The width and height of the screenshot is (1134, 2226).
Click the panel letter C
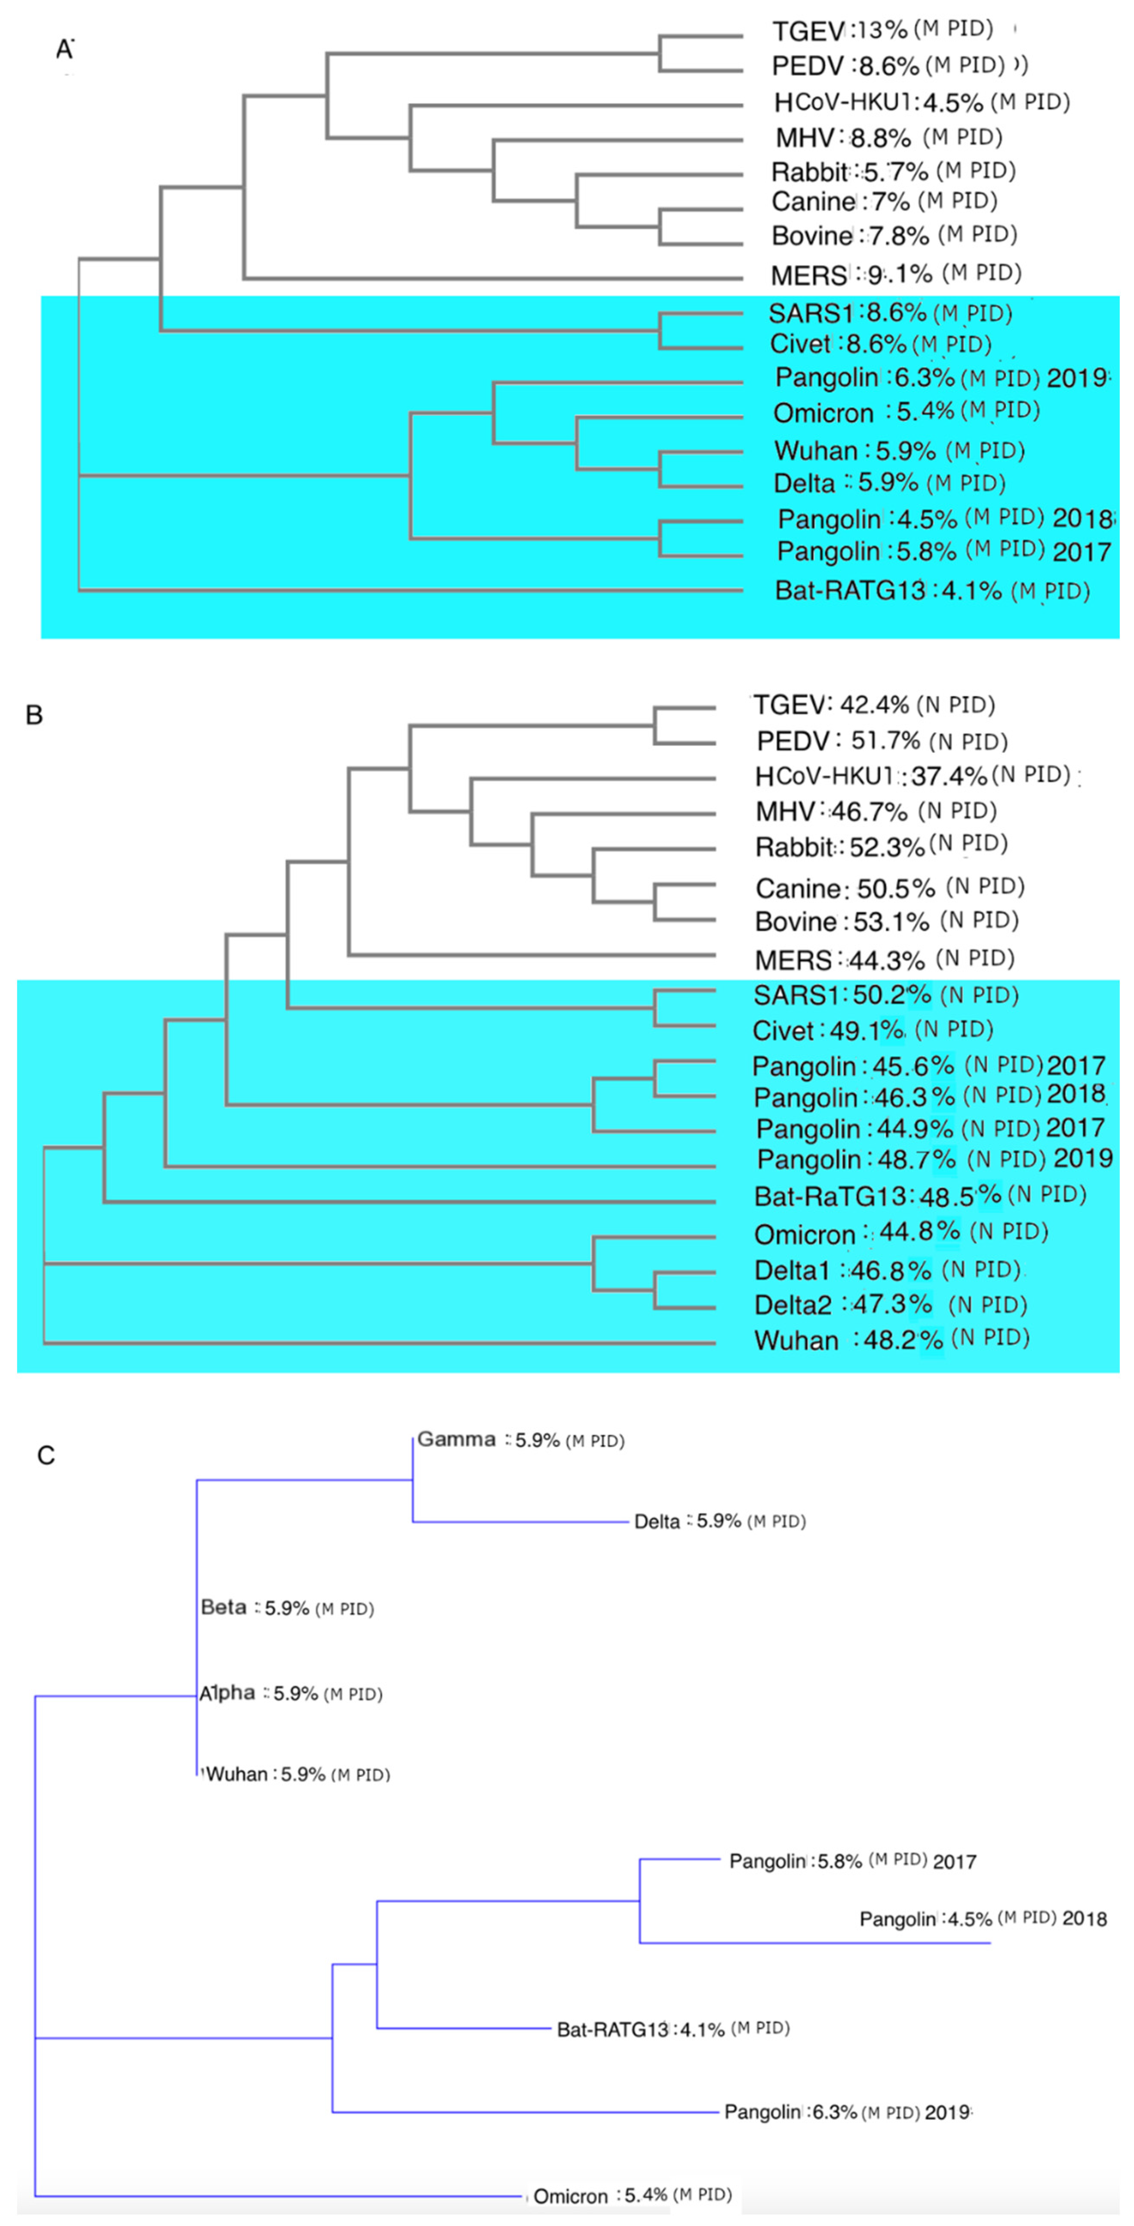tap(46, 1455)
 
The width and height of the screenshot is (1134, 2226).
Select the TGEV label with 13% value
tap(807, 31)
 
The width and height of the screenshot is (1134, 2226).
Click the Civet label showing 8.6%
tap(800, 344)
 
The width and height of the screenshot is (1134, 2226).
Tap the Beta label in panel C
tap(224, 1607)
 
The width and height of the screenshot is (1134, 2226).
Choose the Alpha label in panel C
tap(227, 1693)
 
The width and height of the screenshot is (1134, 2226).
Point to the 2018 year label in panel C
tap(1084, 1919)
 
